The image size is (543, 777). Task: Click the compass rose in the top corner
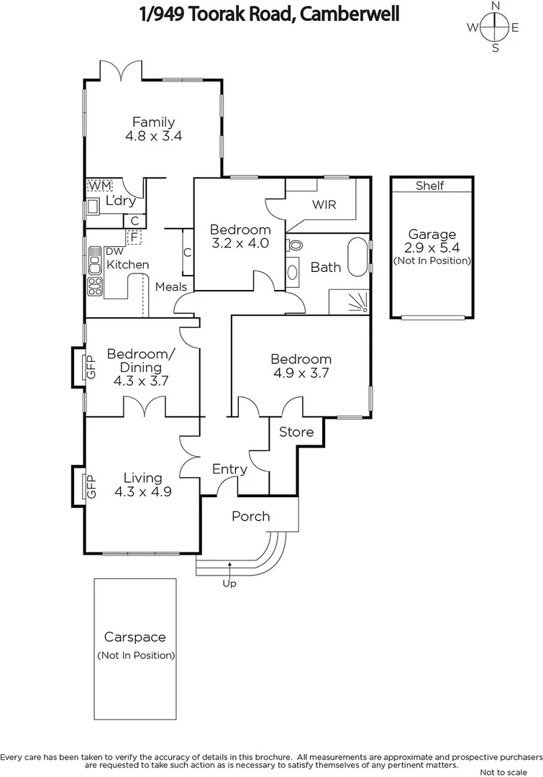pos(495,28)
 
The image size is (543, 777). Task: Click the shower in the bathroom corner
pos(350,301)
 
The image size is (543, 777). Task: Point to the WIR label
pos(324,204)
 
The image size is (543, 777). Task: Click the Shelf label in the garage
pos(430,186)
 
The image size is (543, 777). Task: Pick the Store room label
pos(296,432)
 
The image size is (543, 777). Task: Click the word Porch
pos(250,516)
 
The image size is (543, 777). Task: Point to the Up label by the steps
pos(229,583)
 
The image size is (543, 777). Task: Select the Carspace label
pos(135,637)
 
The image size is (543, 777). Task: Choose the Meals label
pos(171,287)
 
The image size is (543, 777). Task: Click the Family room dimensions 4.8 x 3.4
pos(152,135)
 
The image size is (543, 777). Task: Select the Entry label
pos(229,469)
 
